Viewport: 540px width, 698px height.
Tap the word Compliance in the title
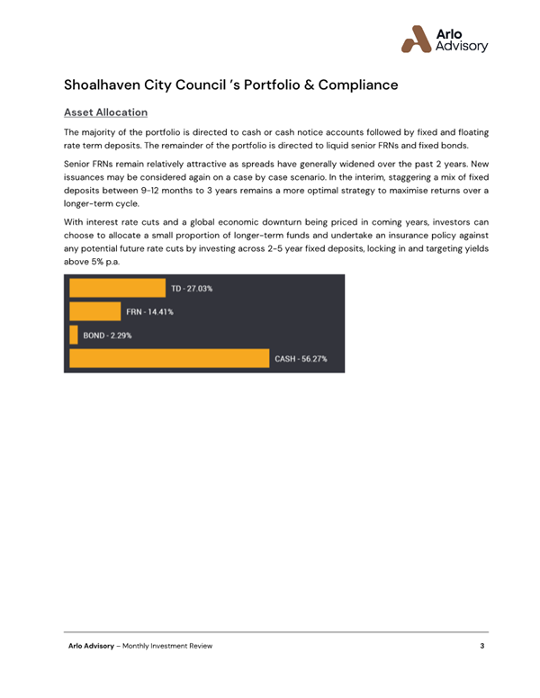click(350, 86)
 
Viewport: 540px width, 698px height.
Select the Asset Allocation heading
click(105, 113)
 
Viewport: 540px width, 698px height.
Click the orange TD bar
click(117, 288)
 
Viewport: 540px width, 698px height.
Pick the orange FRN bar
click(94, 312)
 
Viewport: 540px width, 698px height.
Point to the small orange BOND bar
click(74, 336)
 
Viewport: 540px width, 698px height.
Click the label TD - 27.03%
click(192, 288)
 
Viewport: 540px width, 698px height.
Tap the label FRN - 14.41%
click(149, 312)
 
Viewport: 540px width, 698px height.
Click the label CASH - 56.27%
click(301, 359)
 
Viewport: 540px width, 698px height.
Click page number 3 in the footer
click(481, 648)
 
